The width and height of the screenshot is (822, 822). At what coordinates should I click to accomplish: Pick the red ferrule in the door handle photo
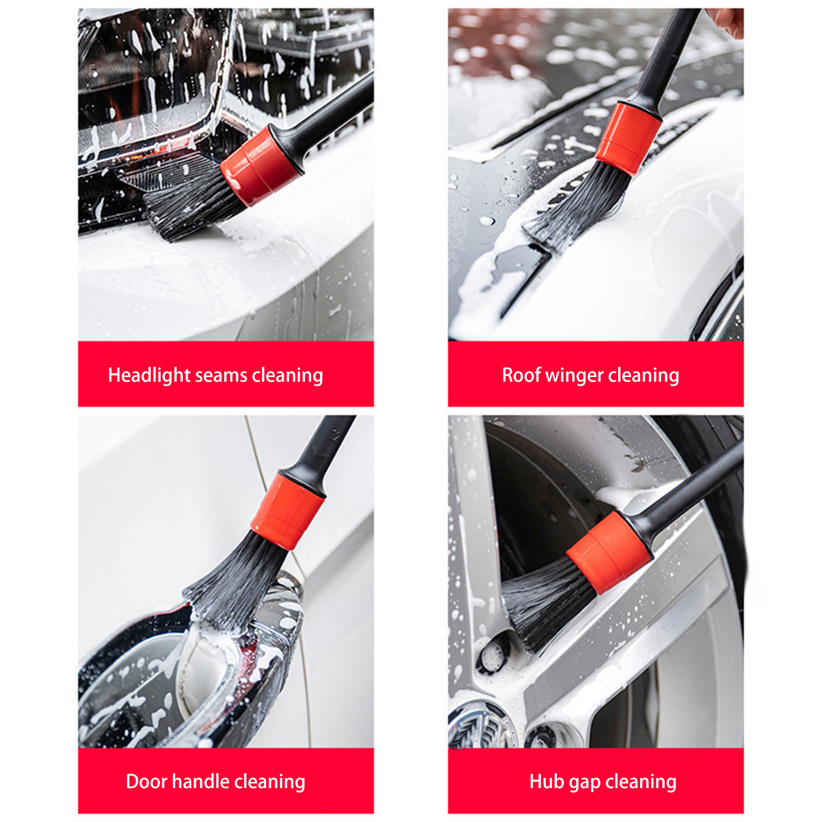287,510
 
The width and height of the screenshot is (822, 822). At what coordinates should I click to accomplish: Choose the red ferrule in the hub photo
609,552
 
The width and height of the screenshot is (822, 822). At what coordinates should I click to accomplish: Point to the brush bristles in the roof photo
578,206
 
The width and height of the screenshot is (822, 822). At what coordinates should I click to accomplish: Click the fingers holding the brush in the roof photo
725,21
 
